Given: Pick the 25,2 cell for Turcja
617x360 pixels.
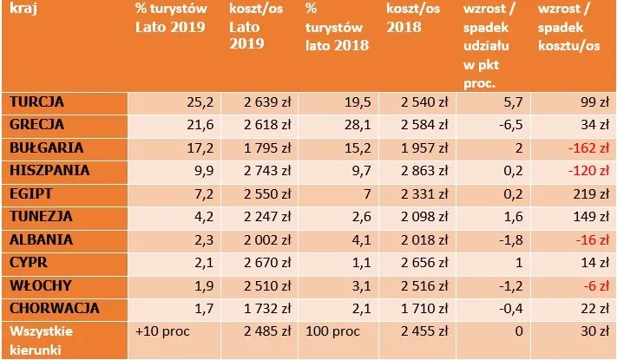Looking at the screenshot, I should [x=189, y=102].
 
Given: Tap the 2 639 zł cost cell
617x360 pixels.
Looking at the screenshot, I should [x=258, y=102].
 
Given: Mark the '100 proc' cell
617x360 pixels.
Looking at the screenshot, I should [x=328, y=330].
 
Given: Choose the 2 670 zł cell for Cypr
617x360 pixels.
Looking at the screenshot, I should [x=258, y=261].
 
